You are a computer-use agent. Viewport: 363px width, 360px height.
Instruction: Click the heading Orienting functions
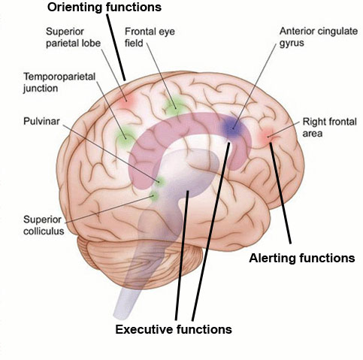click(104, 7)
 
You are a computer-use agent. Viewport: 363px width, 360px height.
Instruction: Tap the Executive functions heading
click(174, 329)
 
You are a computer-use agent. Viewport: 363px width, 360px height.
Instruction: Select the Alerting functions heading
click(302, 258)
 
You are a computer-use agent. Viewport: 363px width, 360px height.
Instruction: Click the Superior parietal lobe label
click(73, 38)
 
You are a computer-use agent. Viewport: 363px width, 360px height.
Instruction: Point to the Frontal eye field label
click(150, 37)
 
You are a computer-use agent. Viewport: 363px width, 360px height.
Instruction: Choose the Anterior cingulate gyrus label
click(319, 37)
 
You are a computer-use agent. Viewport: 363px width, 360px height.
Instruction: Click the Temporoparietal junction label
click(59, 82)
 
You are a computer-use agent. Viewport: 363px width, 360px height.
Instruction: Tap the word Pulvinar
click(41, 121)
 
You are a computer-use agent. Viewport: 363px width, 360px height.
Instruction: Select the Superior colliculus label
click(44, 225)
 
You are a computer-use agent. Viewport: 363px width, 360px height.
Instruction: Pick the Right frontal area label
click(329, 127)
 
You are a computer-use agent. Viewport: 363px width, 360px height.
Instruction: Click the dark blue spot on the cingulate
click(232, 127)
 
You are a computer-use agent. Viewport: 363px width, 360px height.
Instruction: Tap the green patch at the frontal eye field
click(174, 107)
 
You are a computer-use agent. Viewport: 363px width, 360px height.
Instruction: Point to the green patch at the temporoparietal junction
click(125, 138)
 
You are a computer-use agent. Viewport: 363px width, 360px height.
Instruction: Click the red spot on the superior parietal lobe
click(126, 101)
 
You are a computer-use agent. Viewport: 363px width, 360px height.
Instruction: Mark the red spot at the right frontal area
click(268, 136)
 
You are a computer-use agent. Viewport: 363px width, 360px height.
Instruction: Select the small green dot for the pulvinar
click(159, 181)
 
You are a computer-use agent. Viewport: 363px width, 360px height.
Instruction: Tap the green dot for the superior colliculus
click(154, 195)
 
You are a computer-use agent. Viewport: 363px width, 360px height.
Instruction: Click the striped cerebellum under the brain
click(141, 261)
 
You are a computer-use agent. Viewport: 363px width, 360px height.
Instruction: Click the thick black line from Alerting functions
click(280, 193)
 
